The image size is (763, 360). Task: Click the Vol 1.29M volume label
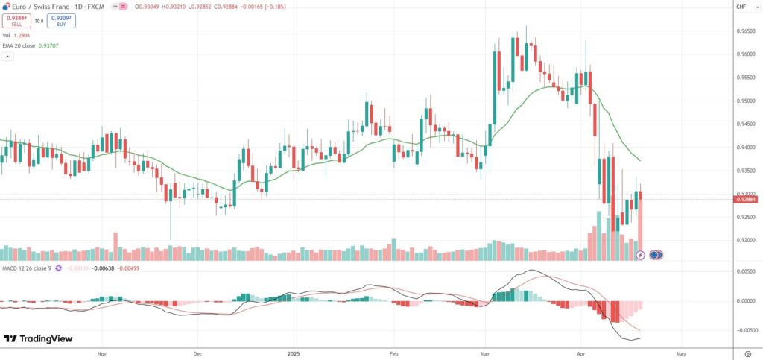pyautogui.click(x=16, y=35)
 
